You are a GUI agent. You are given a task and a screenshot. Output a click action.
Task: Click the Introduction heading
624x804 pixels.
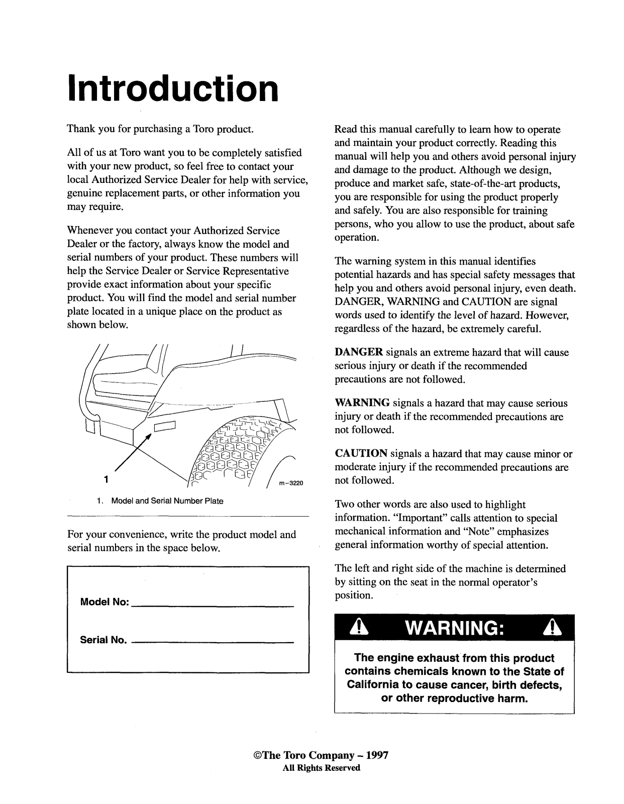[172, 88]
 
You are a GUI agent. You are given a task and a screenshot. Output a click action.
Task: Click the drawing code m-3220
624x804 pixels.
[289, 484]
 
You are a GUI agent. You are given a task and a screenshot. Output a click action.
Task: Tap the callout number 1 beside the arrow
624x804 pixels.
[106, 479]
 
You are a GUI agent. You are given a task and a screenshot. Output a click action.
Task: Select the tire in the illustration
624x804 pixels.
[241, 452]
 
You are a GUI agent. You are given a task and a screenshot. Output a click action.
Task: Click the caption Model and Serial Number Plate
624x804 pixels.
[167, 501]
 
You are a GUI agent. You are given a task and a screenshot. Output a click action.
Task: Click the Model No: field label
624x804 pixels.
[105, 602]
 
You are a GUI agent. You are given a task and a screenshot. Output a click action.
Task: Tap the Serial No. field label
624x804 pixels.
[103, 640]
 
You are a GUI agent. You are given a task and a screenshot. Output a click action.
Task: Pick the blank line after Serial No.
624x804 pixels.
[213, 643]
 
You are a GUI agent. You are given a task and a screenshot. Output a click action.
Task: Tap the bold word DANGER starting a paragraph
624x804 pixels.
[359, 353]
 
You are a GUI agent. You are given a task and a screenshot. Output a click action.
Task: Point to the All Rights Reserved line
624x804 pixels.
[322, 768]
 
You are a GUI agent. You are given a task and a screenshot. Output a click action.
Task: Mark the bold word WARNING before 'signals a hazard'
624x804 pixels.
[362, 404]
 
